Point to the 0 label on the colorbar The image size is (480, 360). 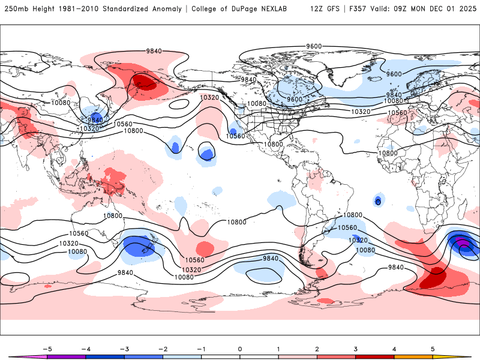coord(240,349)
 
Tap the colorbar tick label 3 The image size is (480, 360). coord(355,349)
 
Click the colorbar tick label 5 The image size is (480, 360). coord(433,349)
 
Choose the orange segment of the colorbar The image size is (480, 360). coord(413,356)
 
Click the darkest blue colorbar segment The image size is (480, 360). coord(105,356)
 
